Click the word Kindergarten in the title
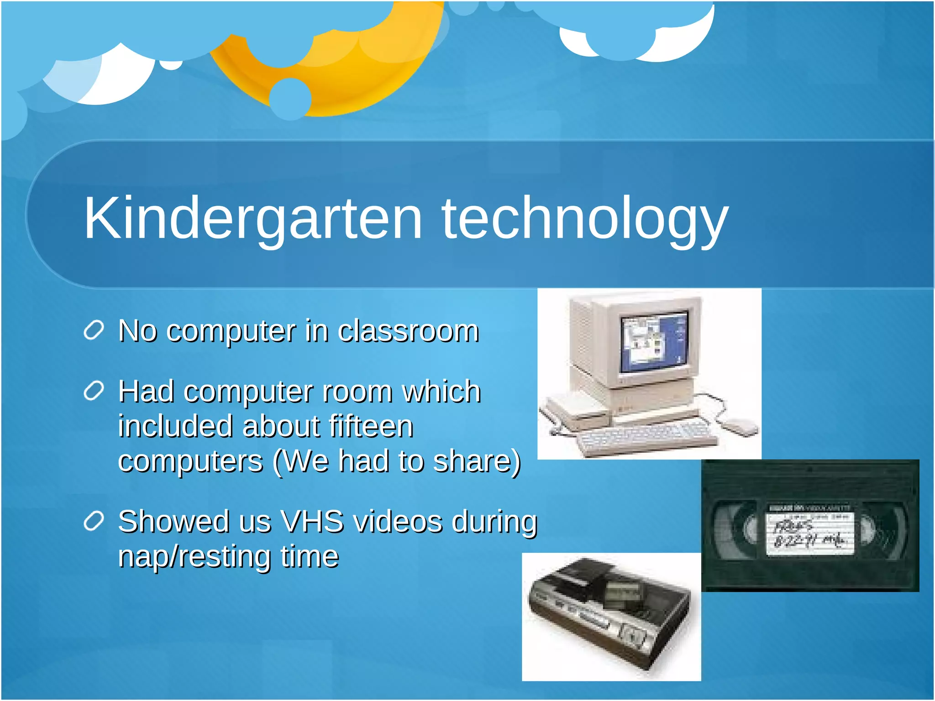[253, 218]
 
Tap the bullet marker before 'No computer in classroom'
[94, 330]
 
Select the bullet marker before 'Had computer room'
[94, 391]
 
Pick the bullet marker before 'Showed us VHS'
[94, 521]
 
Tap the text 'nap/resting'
[194, 556]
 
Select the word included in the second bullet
[176, 426]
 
